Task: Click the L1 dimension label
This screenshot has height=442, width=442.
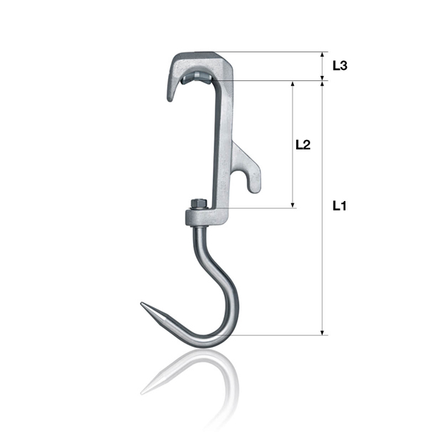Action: (340, 206)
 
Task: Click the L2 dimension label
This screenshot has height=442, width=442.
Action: (303, 144)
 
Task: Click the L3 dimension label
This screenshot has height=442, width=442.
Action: (340, 66)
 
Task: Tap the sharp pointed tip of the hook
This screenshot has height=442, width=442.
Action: (141, 304)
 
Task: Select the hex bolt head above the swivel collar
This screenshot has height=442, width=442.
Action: (199, 203)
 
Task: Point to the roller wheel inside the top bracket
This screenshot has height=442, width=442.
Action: (197, 77)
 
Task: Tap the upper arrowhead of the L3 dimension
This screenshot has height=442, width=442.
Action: (323, 55)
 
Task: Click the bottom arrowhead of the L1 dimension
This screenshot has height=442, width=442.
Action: (323, 333)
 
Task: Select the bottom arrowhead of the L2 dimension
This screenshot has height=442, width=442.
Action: (292, 205)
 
